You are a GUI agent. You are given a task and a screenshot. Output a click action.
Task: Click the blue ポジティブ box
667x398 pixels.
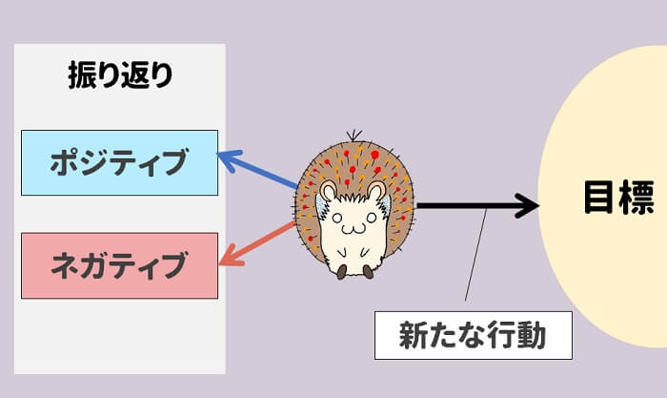pos(120,162)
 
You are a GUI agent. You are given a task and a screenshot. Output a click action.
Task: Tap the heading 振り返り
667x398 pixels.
pos(120,75)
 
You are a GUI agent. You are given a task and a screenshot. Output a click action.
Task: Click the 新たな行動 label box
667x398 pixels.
pos(473,335)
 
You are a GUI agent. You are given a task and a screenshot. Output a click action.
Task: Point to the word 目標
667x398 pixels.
pos(618,198)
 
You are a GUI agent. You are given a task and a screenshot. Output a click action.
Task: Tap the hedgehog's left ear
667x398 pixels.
pos(329,192)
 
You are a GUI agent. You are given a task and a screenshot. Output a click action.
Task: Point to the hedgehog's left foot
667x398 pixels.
pos(341,272)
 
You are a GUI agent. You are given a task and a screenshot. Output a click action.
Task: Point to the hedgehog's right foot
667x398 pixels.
pos(367,271)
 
